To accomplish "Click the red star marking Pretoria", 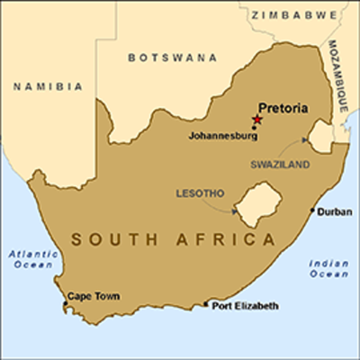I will point(257,119).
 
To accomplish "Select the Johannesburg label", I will point(220,137).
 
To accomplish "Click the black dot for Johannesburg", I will point(255,127).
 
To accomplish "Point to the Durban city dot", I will point(312,210).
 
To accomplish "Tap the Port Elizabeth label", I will point(245,306).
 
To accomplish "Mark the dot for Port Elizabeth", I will point(207,303).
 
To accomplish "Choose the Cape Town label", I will point(93,295).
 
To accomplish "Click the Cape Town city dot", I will point(65,305).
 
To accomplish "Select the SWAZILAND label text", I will point(280,166).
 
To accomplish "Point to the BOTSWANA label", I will point(173,58).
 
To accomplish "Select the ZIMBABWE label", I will point(289,15).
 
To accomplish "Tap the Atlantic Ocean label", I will point(33,260).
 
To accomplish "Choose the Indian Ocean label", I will point(328,268).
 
